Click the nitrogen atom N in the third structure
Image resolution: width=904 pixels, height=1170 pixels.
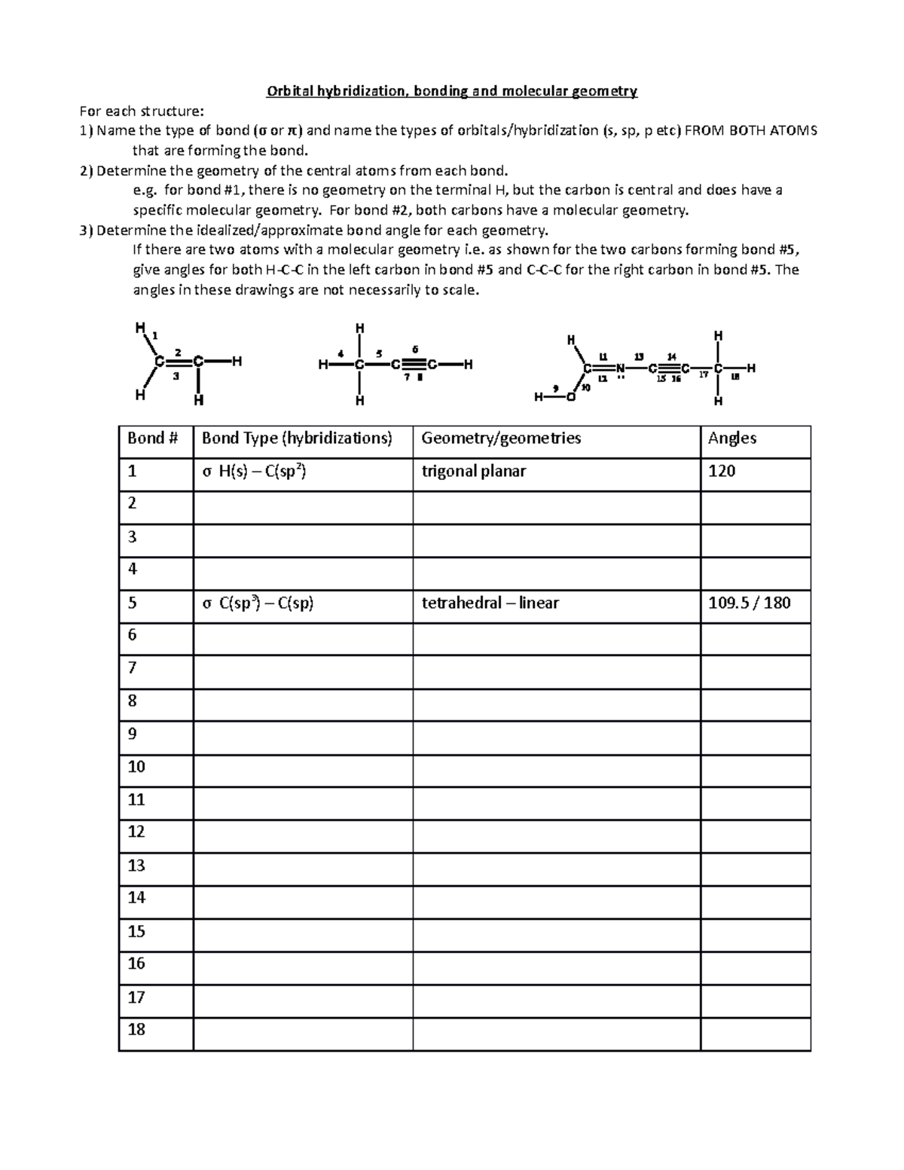click(619, 368)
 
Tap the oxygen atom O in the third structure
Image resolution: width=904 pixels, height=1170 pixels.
click(570, 397)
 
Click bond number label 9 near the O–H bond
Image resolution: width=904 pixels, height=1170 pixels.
click(555, 388)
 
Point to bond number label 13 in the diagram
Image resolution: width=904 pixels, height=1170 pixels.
click(639, 356)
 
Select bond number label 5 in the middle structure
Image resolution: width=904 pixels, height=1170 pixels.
click(379, 353)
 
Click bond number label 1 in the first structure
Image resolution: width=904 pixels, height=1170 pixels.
click(155, 335)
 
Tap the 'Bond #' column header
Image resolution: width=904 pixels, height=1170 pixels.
click(152, 438)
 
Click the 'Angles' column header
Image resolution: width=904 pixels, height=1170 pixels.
click(732, 438)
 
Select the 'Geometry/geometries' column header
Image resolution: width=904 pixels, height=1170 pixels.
click(501, 438)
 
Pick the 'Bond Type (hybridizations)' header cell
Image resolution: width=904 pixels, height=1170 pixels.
click(297, 438)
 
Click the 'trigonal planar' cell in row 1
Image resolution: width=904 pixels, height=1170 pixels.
click(473, 472)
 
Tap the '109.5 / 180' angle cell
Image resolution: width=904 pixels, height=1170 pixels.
click(749, 603)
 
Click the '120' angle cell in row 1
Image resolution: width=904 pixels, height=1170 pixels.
click(722, 472)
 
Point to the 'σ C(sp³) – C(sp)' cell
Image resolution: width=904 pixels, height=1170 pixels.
click(258, 603)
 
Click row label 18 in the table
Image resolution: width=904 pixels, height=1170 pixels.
click(136, 1029)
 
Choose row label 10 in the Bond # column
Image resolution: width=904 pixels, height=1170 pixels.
click(136, 767)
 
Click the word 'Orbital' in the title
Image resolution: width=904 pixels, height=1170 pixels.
click(290, 92)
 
